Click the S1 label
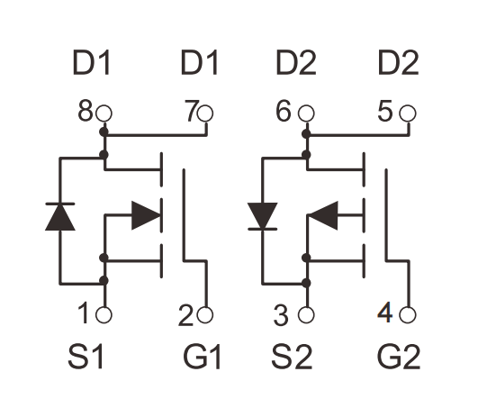(x=86, y=356)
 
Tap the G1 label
(x=203, y=356)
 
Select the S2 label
(x=292, y=356)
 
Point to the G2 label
(x=399, y=356)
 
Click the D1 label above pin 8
(x=91, y=63)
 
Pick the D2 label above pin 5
(x=399, y=63)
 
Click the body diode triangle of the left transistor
(x=60, y=217)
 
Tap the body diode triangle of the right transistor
(x=263, y=216)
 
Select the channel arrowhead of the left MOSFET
(x=146, y=215)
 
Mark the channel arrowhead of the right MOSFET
(x=324, y=215)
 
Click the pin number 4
(x=385, y=313)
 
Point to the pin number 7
(x=191, y=111)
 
